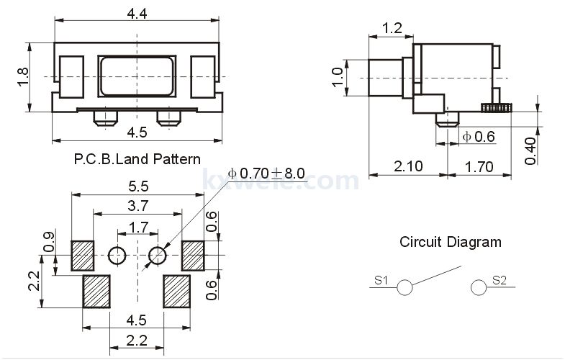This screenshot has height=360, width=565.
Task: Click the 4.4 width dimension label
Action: pyautogui.click(x=137, y=14)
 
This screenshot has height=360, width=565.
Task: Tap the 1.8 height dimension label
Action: pyautogui.click(x=23, y=76)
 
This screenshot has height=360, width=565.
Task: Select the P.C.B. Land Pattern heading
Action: pyautogui.click(x=137, y=159)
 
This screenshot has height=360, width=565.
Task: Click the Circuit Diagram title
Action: pyautogui.click(x=451, y=241)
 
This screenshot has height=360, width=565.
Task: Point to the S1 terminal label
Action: pyautogui.click(x=381, y=279)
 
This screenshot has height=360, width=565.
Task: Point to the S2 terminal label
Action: pyautogui.click(x=500, y=279)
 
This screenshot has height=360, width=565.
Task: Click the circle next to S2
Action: pyautogui.click(x=479, y=287)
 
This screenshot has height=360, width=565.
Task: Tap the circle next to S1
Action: pyautogui.click(x=404, y=287)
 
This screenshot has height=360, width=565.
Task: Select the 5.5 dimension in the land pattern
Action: pyautogui.click(x=138, y=186)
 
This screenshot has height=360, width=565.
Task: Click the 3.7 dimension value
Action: pyautogui.click(x=138, y=206)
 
